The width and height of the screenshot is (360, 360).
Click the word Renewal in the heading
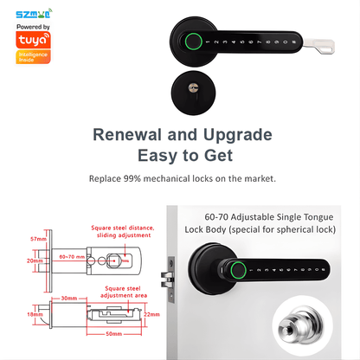pos(133,136)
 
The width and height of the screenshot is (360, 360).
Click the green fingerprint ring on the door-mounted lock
pos(235,269)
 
